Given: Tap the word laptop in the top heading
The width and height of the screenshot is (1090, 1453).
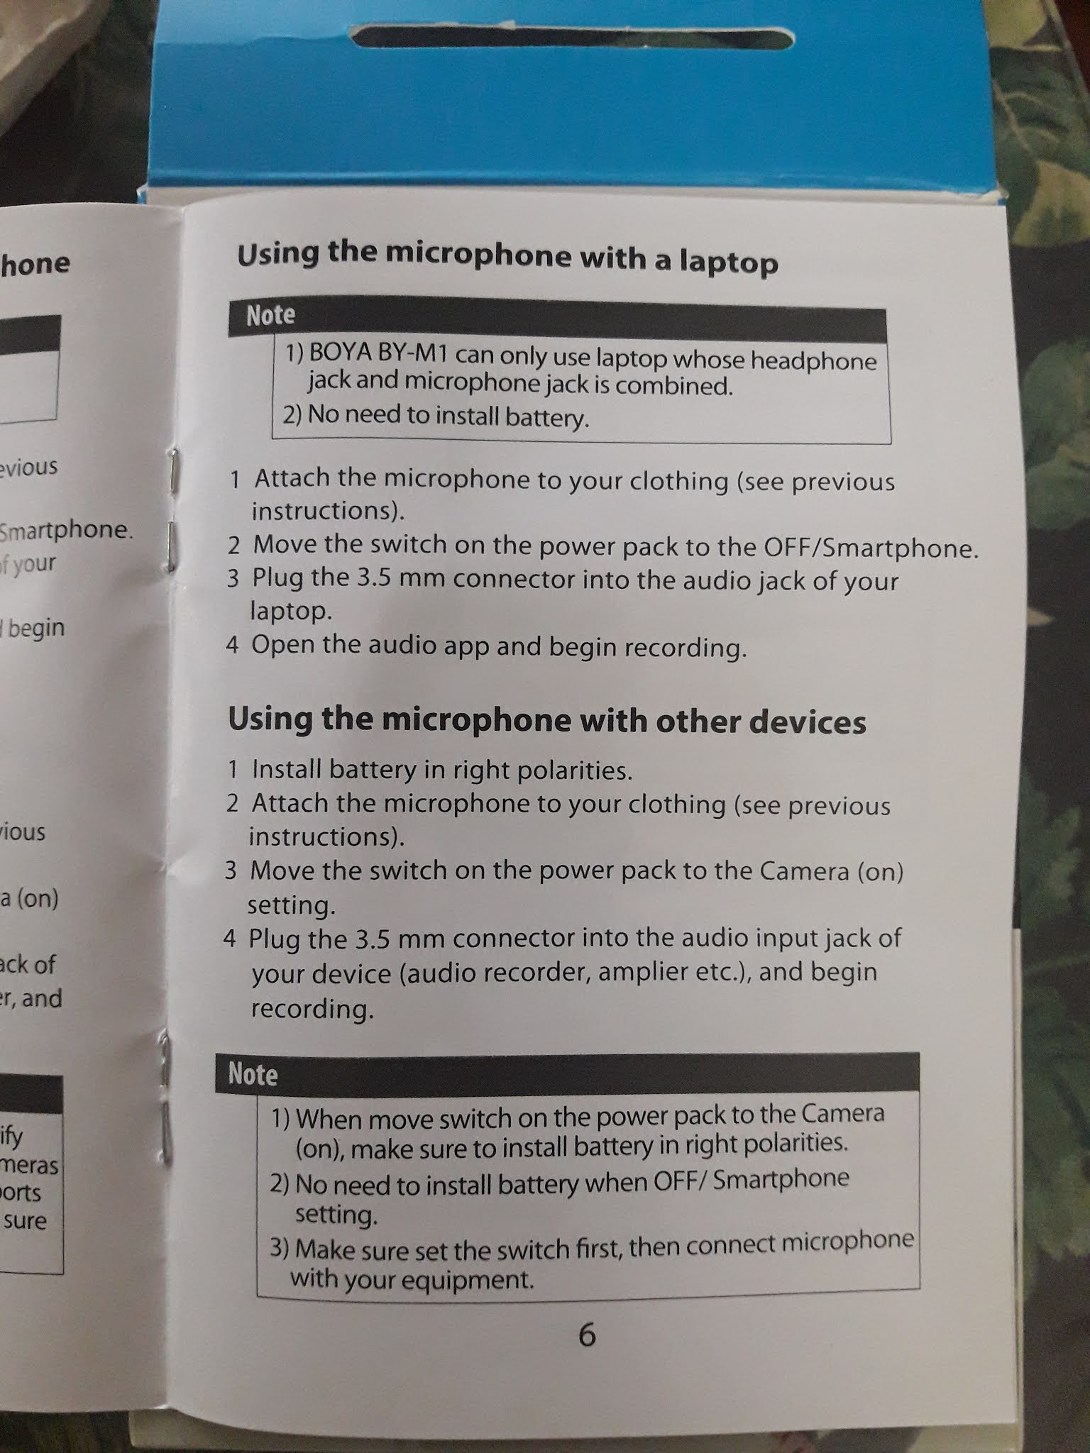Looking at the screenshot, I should point(729,263).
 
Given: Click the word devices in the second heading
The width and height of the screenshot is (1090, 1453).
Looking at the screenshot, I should point(808,722).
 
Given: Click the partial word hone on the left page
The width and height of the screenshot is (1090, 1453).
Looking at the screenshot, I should point(35,263).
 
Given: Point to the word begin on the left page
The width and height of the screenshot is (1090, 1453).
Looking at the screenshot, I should point(36,627).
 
